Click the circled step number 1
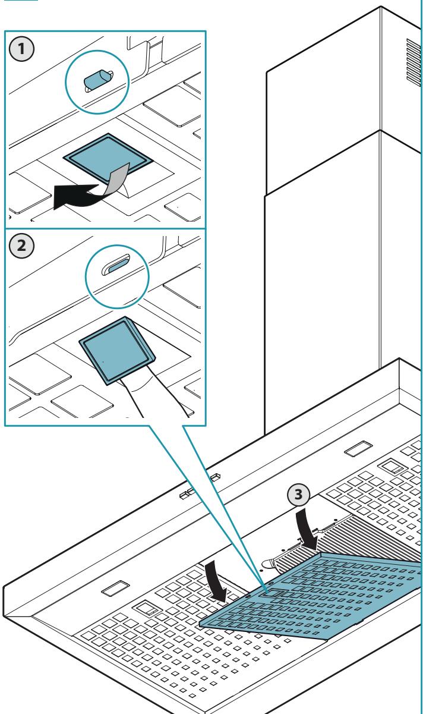pos(21,49)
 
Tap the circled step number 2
pos(21,246)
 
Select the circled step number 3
pos(298,495)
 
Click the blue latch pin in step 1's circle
pos(96,80)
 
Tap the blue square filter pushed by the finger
pos(117,351)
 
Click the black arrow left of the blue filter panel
pos(216,583)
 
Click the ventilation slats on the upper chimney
pos(413,63)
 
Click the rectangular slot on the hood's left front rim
pos(115,588)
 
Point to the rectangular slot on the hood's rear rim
pos(358,448)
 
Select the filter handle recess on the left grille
pos(147,608)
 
